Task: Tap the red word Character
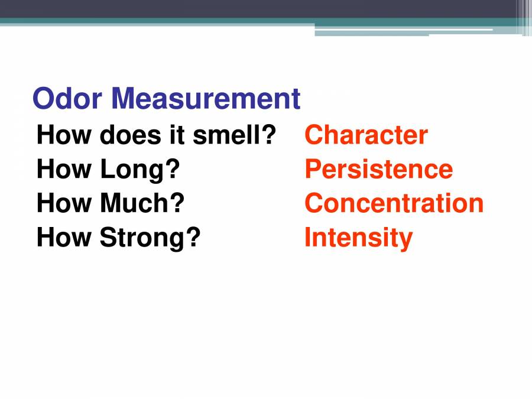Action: [x=366, y=135]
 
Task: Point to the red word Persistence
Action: [x=378, y=169]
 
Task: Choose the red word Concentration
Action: [x=394, y=203]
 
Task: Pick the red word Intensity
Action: [x=358, y=238]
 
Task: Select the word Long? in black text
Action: [x=140, y=170]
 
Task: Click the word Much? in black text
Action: [x=142, y=203]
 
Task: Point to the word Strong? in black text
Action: [x=150, y=238]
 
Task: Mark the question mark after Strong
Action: [x=194, y=238]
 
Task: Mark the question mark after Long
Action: [x=173, y=169]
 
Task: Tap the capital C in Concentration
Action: [x=313, y=203]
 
